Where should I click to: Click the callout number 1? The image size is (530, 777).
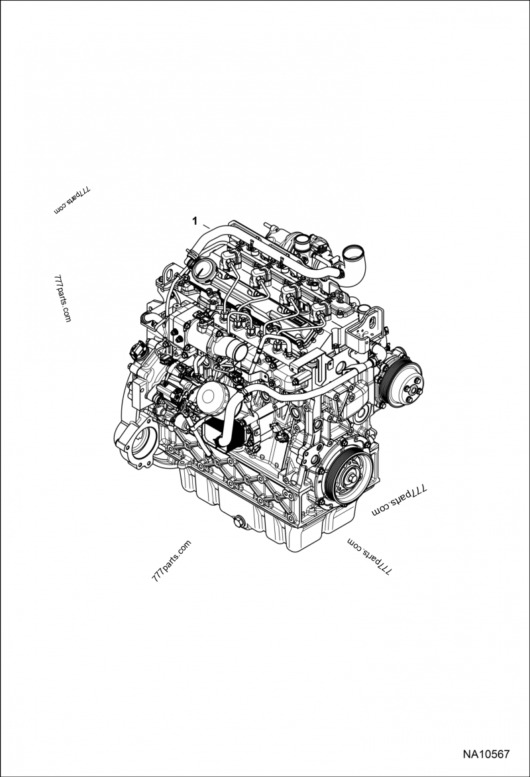pos(195,219)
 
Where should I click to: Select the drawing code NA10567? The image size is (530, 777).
pos(486,754)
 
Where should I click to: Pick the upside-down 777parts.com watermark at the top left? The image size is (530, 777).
pos(72,200)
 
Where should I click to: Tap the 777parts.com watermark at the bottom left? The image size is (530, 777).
pos(171,561)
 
